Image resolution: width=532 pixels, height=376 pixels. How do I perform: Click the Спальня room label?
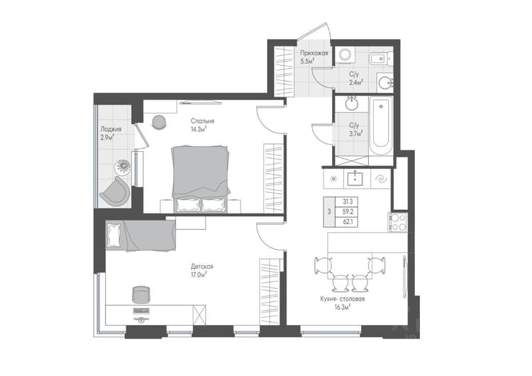click(202, 121)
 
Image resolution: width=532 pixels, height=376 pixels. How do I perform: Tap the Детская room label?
click(202, 266)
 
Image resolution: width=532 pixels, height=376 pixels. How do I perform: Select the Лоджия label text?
click(111, 129)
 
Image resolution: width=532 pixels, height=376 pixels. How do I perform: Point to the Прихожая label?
click(314, 53)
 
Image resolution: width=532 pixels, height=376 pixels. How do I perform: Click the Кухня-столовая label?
click(343, 299)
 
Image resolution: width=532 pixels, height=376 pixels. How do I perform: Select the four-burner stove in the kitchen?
click(398, 222)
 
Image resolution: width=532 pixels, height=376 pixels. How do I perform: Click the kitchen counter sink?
click(355, 179)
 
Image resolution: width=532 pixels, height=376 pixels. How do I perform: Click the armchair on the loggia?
click(115, 193)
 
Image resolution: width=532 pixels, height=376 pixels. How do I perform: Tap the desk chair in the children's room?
click(141, 294)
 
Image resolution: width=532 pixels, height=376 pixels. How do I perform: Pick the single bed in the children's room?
click(140, 236)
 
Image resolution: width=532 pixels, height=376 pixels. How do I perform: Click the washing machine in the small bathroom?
click(345, 55)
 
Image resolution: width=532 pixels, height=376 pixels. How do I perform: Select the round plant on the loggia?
click(123, 166)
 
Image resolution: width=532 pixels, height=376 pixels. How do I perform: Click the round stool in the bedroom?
click(159, 122)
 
